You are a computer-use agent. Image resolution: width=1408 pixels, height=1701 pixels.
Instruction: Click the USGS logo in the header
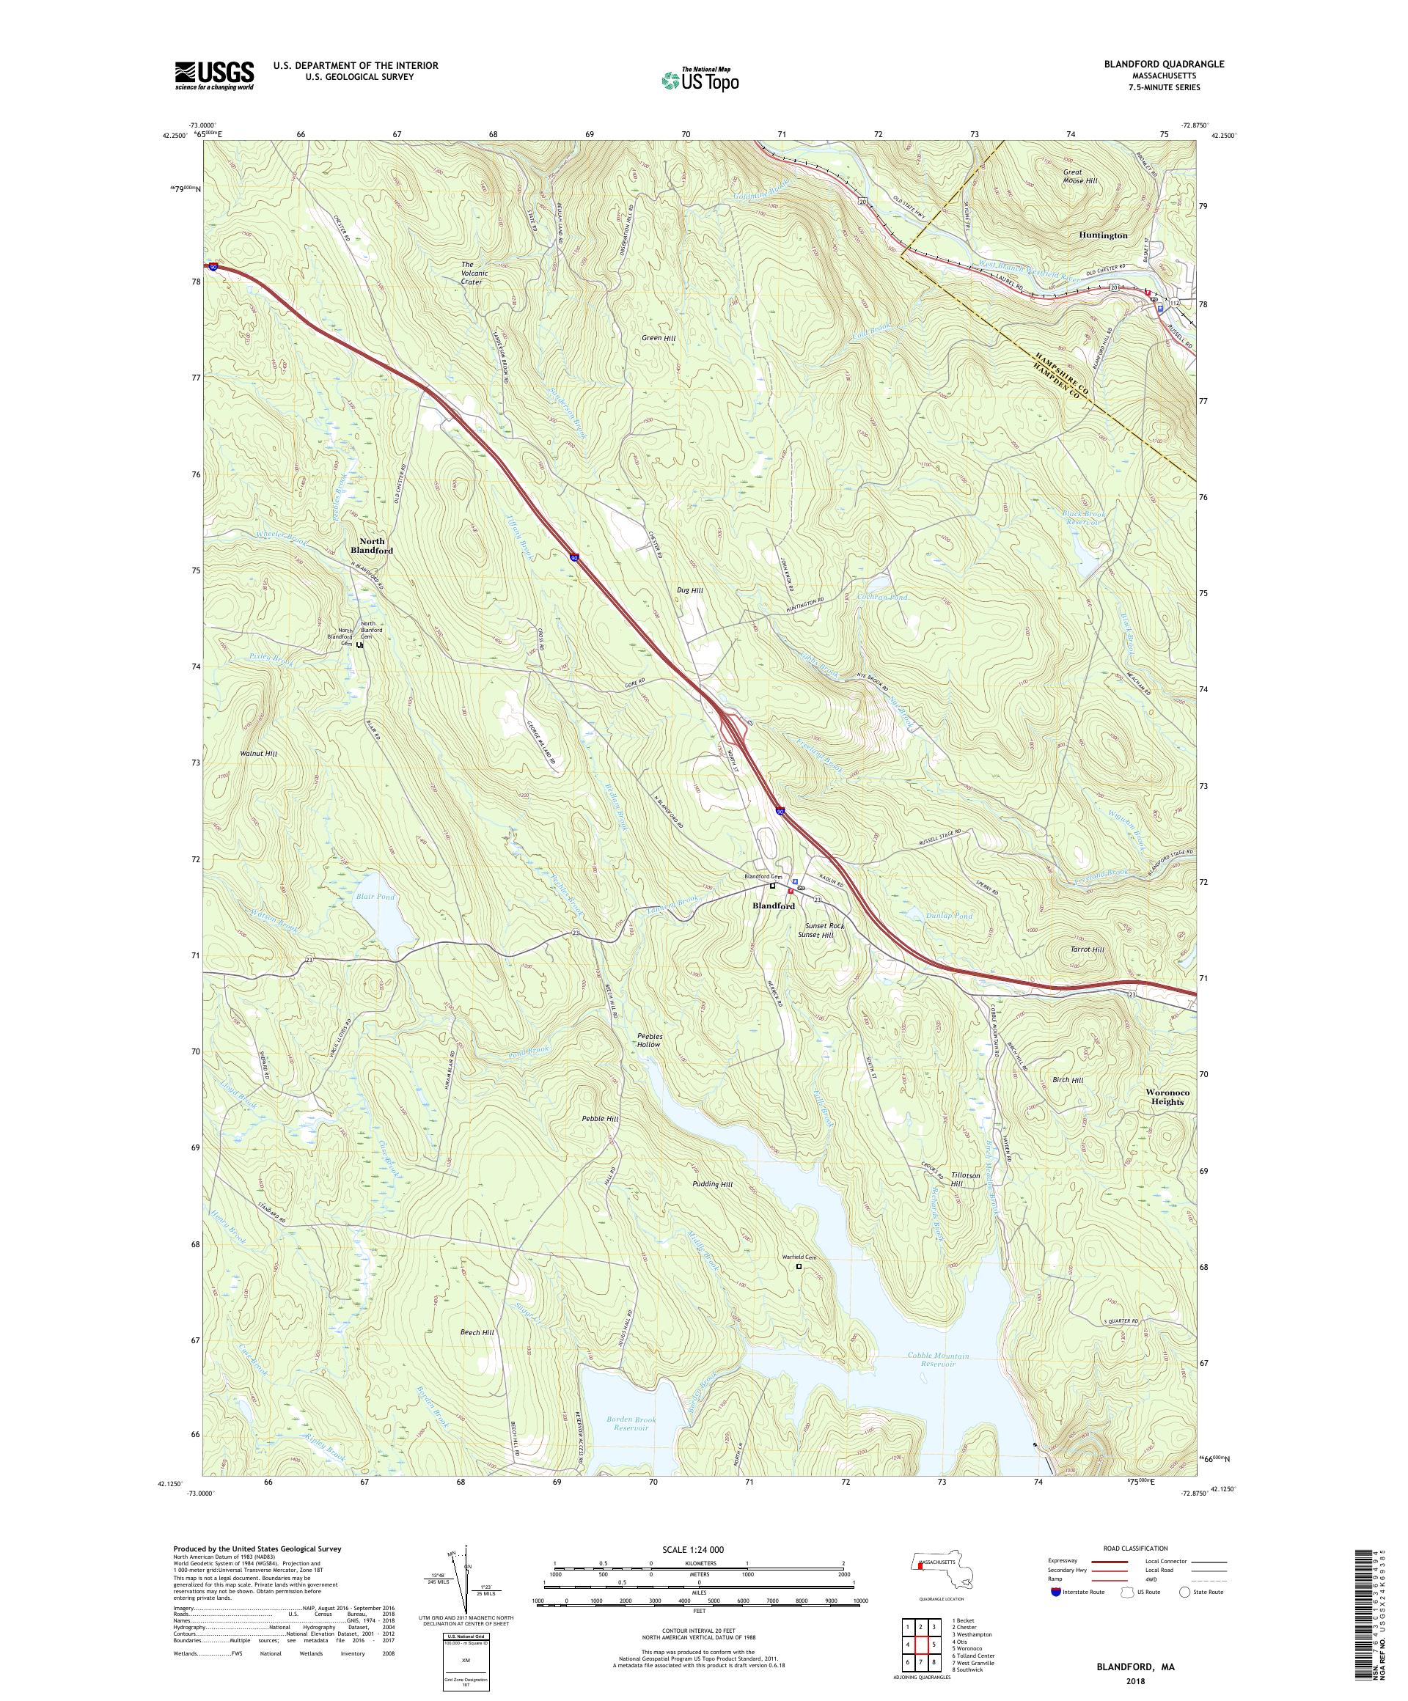[x=214, y=76]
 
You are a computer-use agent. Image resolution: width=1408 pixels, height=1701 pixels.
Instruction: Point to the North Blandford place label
[x=372, y=546]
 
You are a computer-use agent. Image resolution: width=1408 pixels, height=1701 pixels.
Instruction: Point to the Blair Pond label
[x=374, y=897]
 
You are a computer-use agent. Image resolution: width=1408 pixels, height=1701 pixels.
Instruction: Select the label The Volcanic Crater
[x=472, y=273]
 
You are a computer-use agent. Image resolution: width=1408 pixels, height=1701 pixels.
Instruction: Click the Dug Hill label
[x=689, y=590]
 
